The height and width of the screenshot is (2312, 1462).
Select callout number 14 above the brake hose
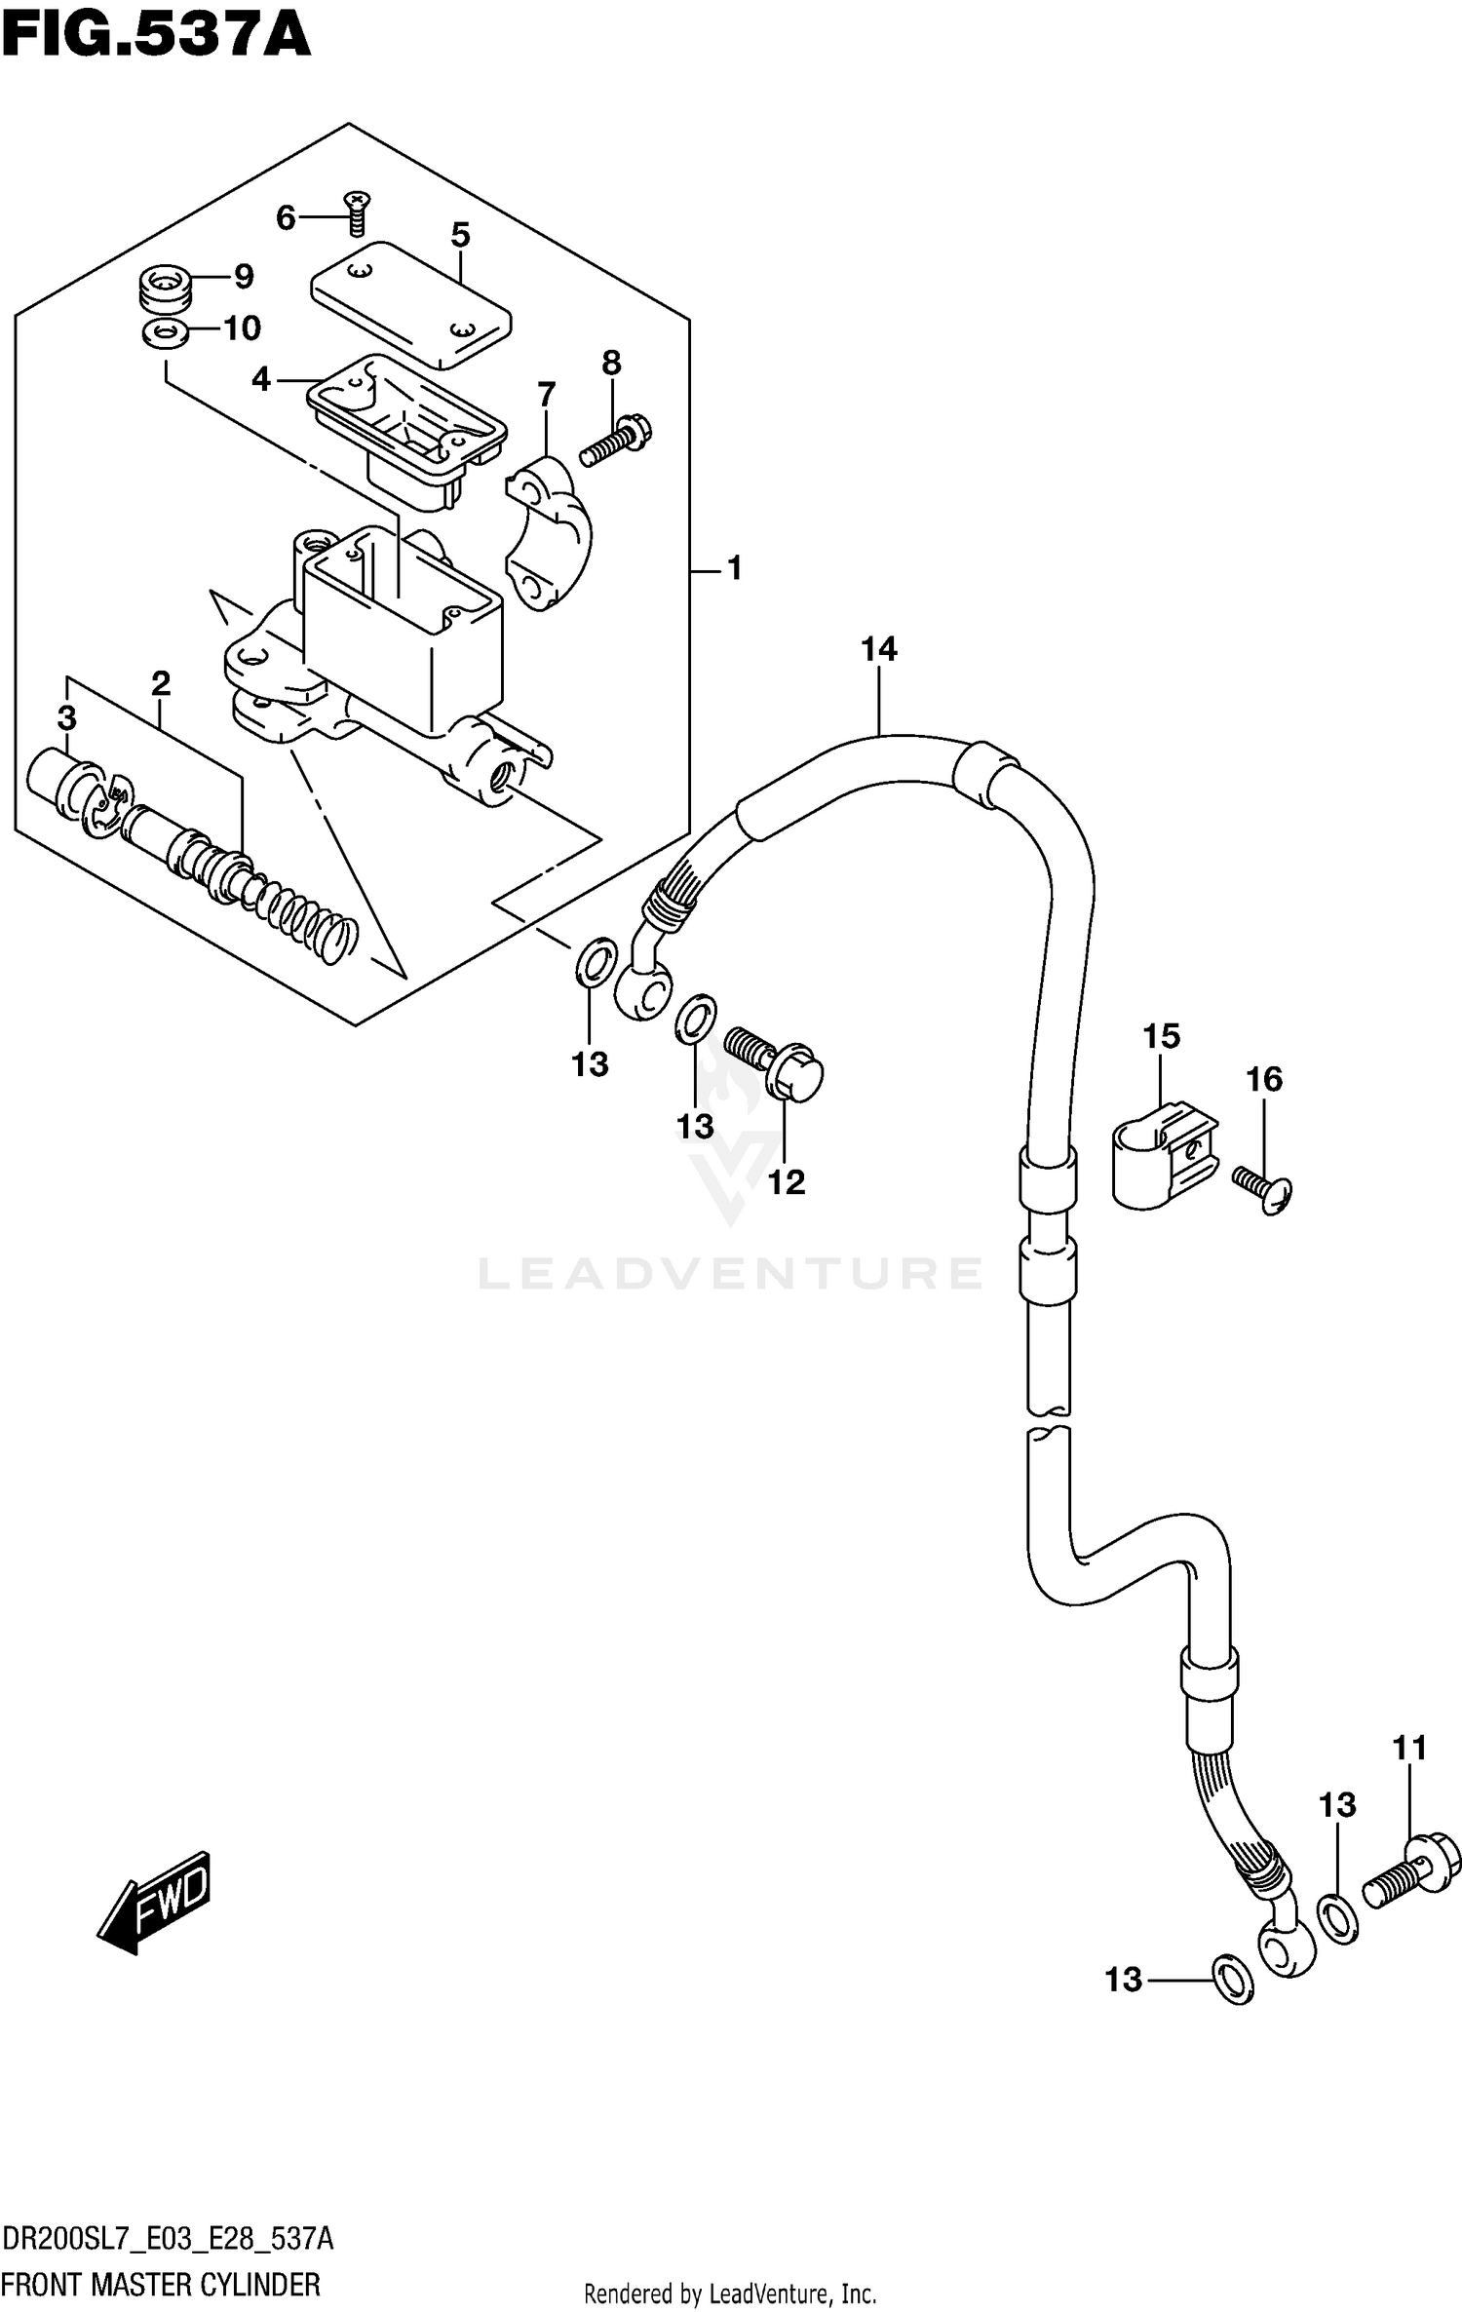878,649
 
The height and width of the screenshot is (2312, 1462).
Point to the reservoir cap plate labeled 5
411,304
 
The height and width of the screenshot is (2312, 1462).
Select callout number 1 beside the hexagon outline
735,568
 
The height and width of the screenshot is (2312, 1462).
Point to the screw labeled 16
1264,1191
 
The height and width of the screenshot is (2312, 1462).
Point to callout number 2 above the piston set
161,683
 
